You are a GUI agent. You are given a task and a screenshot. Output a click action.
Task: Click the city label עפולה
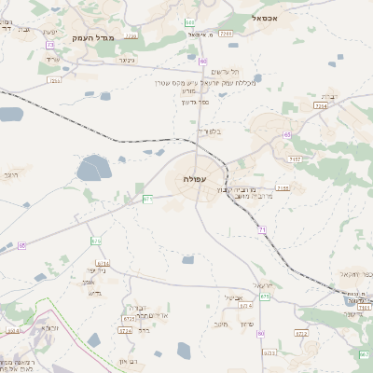point(196,178)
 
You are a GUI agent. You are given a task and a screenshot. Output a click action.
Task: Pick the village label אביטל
point(235,298)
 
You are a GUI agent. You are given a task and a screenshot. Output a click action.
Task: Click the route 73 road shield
point(49,44)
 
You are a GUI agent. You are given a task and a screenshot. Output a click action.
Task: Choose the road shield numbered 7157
point(295,159)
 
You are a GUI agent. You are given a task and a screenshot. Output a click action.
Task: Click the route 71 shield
point(262,229)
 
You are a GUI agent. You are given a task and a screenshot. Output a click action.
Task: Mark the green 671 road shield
point(147,199)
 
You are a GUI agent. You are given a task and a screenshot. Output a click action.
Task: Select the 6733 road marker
point(269,352)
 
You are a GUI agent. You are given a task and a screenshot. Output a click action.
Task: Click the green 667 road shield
point(364,354)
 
